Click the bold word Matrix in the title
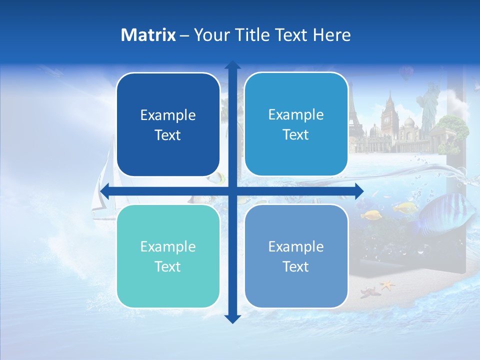(148, 35)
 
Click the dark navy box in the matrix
(168, 125)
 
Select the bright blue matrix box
(296, 124)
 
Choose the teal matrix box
(168, 256)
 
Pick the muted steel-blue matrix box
(296, 256)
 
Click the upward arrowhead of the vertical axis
(232, 65)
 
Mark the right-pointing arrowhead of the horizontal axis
(359, 191)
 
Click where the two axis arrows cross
(232, 191)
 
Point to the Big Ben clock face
(386, 120)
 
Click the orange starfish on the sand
(386, 285)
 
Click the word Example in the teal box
(168, 246)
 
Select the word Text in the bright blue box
(296, 135)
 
